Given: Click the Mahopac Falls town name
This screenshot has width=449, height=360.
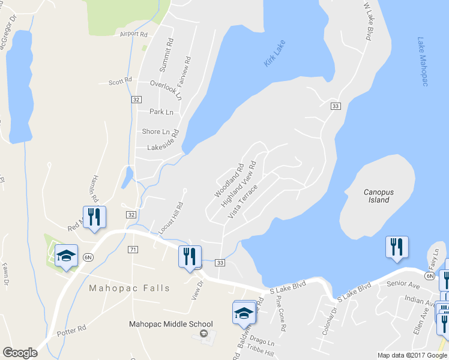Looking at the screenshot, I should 130,288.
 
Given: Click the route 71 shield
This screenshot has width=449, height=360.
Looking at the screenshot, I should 133,248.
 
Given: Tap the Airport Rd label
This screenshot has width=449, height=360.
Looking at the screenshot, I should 133,34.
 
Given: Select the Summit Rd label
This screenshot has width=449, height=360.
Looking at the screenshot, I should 169,53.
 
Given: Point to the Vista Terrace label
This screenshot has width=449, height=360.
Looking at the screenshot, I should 243,201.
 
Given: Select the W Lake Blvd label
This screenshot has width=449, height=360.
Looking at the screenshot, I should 369,20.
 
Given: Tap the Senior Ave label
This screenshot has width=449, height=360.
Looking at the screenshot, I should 402,283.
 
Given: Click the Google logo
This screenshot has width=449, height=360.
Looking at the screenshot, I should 20,353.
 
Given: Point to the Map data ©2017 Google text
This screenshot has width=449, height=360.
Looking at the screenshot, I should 412,355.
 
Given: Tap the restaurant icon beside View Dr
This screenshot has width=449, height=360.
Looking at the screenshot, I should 190,257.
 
